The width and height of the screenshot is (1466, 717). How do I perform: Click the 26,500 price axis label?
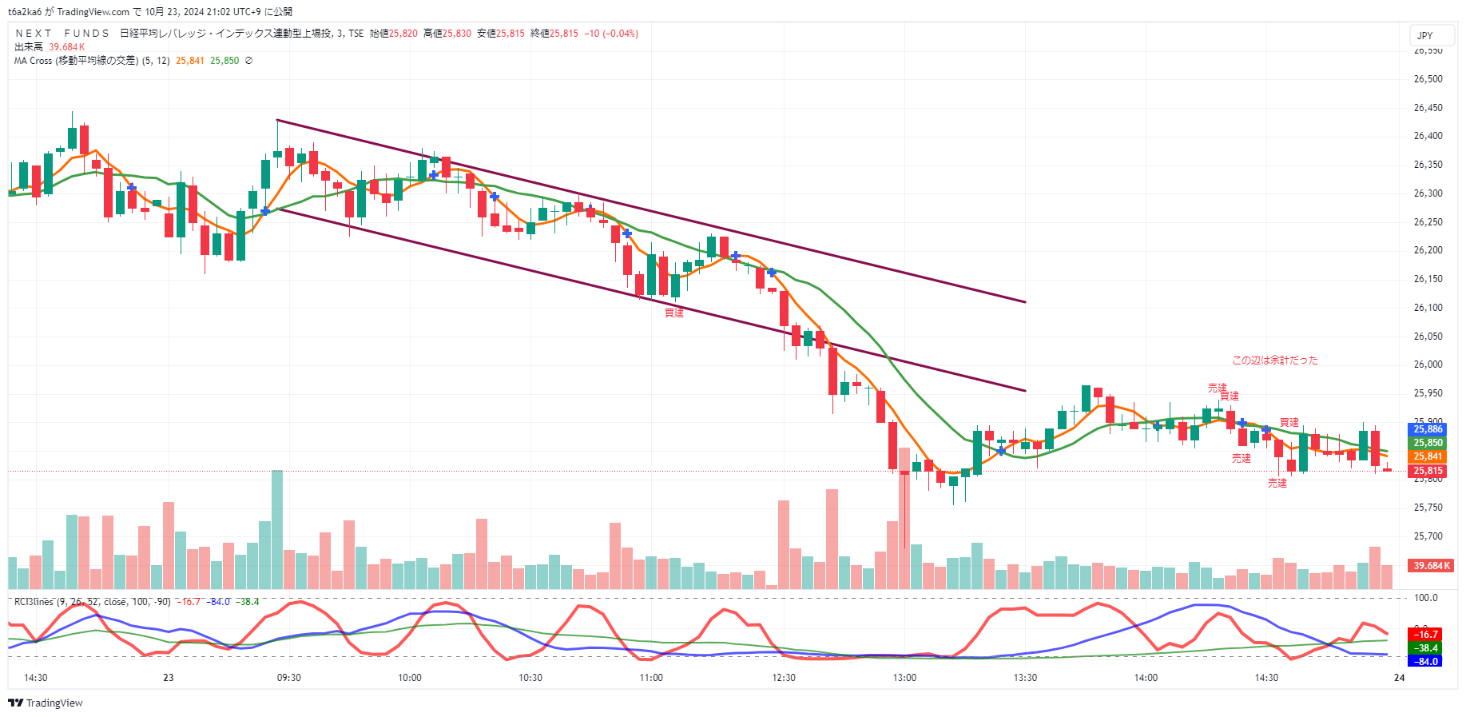click(x=1428, y=79)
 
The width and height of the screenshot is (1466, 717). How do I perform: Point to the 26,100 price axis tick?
click(x=1428, y=308)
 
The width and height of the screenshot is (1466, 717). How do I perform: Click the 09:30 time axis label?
click(x=288, y=678)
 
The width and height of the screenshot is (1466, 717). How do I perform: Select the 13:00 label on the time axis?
click(x=904, y=678)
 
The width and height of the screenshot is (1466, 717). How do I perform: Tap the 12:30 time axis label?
click(x=784, y=678)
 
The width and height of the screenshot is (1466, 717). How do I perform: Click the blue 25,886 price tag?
click(x=1428, y=429)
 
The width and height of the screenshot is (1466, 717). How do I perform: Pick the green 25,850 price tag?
click(x=1428, y=443)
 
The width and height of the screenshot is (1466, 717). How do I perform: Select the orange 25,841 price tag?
click(x=1428, y=456)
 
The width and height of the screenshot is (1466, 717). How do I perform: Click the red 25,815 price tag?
click(x=1428, y=471)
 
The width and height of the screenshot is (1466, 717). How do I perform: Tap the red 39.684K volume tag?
click(x=1431, y=566)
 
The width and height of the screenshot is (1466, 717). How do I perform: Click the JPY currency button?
click(x=1425, y=35)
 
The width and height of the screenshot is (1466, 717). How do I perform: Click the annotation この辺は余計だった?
click(x=1274, y=360)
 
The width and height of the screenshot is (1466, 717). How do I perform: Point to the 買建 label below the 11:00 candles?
click(x=674, y=313)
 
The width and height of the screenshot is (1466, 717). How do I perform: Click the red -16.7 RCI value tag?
click(x=1427, y=635)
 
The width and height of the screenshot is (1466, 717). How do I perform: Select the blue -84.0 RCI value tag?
click(x=1427, y=662)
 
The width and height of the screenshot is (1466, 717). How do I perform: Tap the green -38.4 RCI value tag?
click(x=1427, y=648)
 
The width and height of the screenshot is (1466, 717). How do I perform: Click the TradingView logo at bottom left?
click(x=46, y=703)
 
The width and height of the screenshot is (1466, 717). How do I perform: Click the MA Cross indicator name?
click(x=76, y=61)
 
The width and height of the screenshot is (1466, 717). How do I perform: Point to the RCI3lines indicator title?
click(x=34, y=602)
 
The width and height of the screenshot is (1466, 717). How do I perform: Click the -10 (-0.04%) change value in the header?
click(x=611, y=34)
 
